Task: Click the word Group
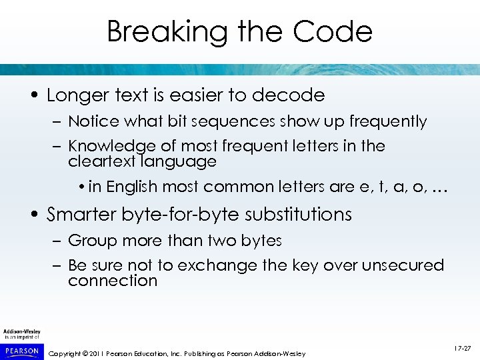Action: point(90,241)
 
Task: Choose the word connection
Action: point(112,281)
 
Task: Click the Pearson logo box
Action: point(22,351)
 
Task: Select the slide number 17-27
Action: point(462,348)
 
